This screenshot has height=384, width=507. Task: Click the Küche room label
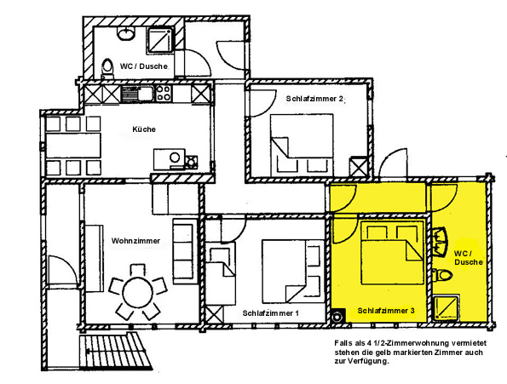pyautogui.click(x=144, y=129)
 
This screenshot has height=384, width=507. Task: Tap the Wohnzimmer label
pyautogui.click(x=135, y=241)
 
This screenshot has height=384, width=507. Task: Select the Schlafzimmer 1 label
pyautogui.click(x=271, y=313)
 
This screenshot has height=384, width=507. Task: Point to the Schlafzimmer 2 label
pyautogui.click(x=314, y=99)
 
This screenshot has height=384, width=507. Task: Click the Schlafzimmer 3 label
pyautogui.click(x=386, y=311)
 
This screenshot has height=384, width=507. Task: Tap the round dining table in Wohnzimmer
pyautogui.click(x=137, y=293)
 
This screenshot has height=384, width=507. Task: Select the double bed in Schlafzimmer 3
pyautogui.click(x=392, y=253)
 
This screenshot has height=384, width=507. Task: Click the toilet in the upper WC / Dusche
pyautogui.click(x=107, y=68)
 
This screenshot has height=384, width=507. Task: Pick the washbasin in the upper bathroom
pyautogui.click(x=126, y=33)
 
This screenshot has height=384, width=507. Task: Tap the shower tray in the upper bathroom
pyautogui.click(x=160, y=40)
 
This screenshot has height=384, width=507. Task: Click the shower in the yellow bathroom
pyautogui.click(x=446, y=308)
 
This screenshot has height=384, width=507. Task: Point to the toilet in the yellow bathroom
pyautogui.click(x=441, y=275)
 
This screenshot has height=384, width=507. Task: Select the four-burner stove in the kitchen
pyautogui.click(x=164, y=93)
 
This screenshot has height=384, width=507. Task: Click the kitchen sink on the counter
pyautogui.click(x=137, y=94)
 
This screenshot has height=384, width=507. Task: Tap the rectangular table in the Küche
pyautogui.click(x=73, y=146)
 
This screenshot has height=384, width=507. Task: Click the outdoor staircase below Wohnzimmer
pyautogui.click(x=116, y=352)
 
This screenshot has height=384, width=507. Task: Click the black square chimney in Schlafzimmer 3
pyautogui.click(x=338, y=316)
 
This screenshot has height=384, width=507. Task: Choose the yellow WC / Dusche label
pyautogui.click(x=468, y=257)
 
